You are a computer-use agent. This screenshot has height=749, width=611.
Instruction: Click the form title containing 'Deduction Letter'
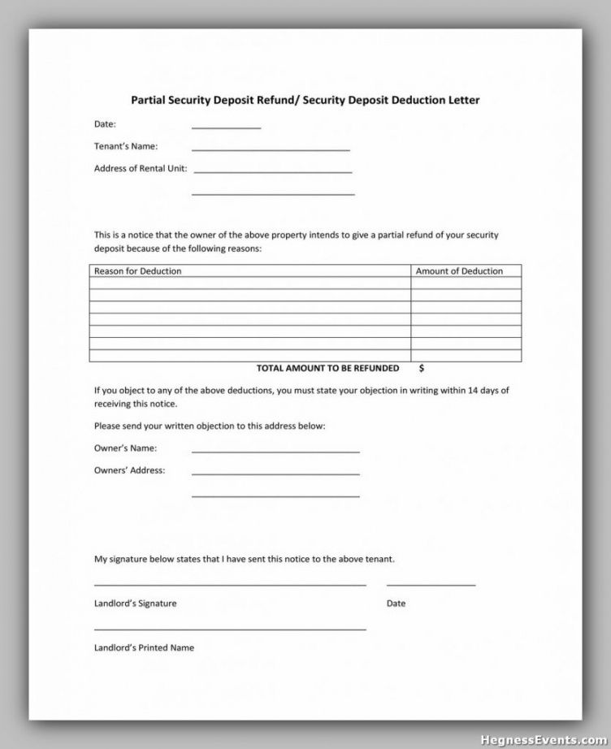[305, 101]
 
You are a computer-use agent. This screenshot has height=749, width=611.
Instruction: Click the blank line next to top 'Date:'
[226, 128]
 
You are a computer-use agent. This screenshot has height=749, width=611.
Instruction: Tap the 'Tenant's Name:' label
[126, 146]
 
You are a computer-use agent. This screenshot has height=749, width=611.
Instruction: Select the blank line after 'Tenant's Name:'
[271, 149]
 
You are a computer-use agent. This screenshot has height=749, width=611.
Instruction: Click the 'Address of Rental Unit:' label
[141, 169]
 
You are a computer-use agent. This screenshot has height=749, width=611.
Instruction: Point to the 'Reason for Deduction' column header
[138, 271]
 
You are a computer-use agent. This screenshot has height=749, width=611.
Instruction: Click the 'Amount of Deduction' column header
[459, 271]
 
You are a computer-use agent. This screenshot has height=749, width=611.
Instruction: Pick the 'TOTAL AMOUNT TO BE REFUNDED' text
[327, 368]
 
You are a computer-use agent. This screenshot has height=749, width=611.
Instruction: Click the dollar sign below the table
[422, 368]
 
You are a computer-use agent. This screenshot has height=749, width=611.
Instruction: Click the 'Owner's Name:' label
[126, 448]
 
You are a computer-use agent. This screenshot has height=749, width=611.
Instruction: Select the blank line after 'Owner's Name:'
[275, 451]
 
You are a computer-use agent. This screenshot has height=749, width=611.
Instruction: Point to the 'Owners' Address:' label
[129, 470]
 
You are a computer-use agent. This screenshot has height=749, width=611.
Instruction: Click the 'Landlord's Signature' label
[135, 604]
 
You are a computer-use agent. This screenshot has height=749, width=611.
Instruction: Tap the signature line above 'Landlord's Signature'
[230, 584]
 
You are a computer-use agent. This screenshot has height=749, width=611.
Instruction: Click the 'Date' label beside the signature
[396, 604]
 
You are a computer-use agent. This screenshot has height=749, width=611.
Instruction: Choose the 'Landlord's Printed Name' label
[144, 647]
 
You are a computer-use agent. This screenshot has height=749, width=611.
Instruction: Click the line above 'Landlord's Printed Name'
[230, 629]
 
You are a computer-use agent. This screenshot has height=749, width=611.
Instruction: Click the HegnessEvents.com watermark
[544, 739]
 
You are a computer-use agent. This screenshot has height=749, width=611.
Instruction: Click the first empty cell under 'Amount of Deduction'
[466, 284]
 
